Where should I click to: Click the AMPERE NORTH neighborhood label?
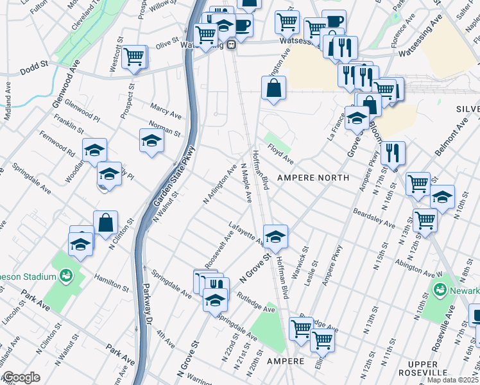coord(313,177)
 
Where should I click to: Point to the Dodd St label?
coord(35,65)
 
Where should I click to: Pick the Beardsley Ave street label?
coord(373,217)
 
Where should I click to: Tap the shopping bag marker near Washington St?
coord(273,88)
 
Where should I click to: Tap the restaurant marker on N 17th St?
coord(391,153)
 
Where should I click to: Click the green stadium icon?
coord(65,277)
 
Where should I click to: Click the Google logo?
coord(21,377)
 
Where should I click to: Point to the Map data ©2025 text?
coord(452,380)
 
